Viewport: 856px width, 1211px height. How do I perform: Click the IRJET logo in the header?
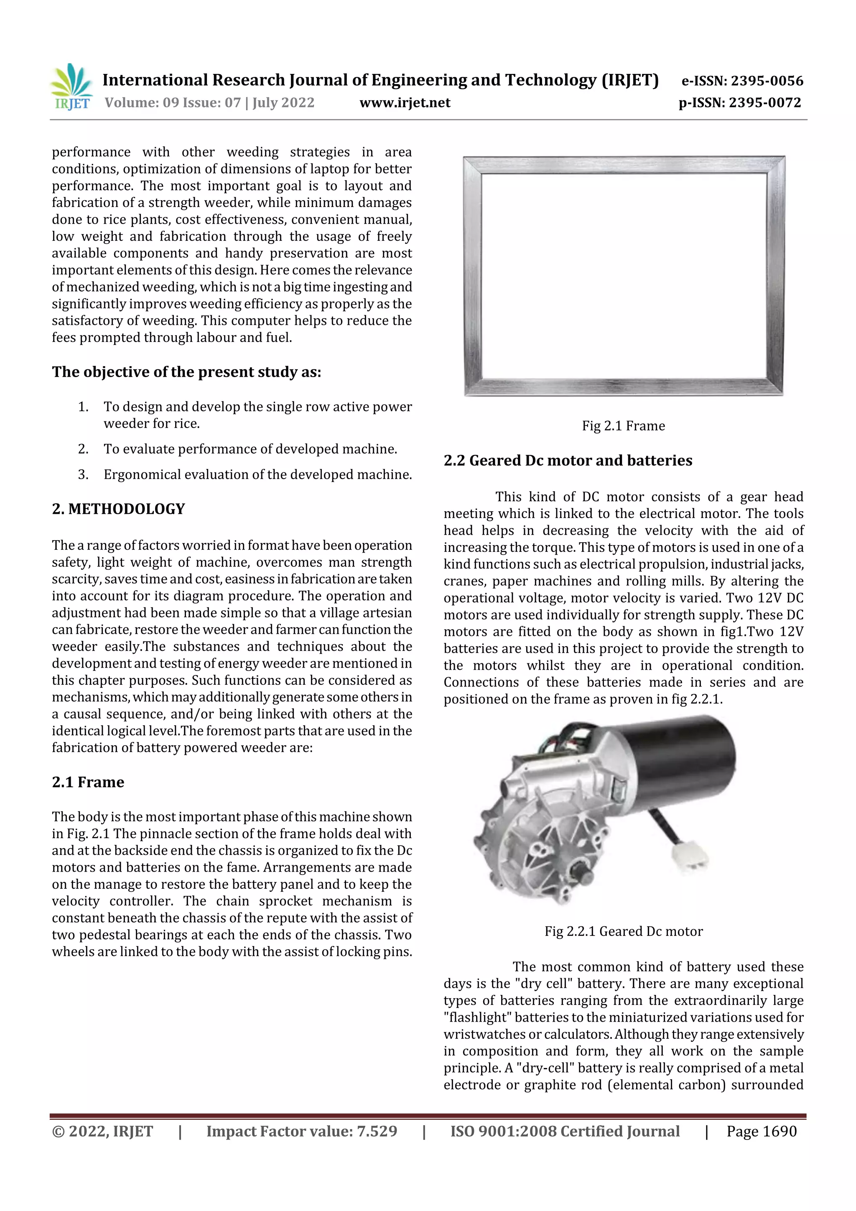71,87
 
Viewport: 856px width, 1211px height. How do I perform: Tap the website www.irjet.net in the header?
405,102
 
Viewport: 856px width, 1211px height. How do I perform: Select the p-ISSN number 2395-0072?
765,102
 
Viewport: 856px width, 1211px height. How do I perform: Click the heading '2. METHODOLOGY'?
118,509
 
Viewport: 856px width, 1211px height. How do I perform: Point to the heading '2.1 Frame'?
88,782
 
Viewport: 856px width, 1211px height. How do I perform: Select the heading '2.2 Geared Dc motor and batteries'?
568,461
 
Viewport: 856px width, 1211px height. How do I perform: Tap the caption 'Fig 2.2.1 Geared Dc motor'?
624,931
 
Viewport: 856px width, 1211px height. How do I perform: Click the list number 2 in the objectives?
83,449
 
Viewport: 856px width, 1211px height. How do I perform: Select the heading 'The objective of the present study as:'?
186,372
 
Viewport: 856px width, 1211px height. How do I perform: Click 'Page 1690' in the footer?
761,1131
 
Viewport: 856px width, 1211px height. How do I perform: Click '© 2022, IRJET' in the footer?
102,1131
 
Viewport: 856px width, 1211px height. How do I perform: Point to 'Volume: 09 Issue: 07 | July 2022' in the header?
209,102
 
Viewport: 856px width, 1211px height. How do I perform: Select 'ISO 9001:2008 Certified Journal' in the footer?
564,1131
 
